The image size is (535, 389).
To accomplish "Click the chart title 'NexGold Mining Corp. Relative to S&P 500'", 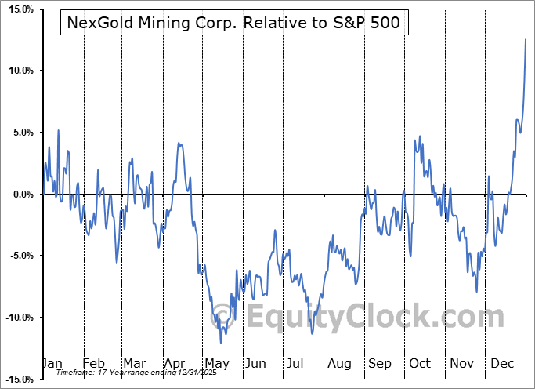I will tap(233, 23).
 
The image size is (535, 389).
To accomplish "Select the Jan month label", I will tap(52, 364).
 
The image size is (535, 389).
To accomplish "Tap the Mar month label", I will tap(134, 364).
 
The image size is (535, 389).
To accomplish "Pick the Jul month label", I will tap(297, 364).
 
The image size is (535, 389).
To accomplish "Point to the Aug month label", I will tap(339, 364).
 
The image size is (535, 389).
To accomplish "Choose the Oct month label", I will tap(421, 364).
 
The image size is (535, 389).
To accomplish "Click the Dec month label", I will tap(503, 364).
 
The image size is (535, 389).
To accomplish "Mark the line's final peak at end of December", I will tap(525, 39).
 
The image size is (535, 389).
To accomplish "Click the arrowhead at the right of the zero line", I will tap(529, 194).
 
